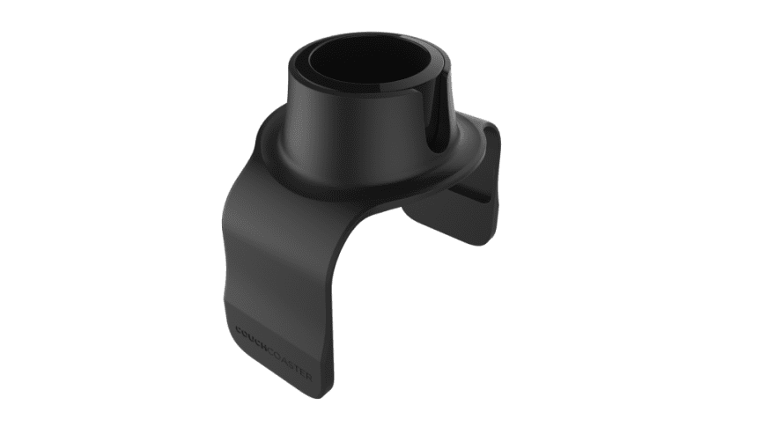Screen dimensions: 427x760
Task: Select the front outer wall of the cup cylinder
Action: tap(352, 132)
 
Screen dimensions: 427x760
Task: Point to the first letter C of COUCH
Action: tap(240, 332)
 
